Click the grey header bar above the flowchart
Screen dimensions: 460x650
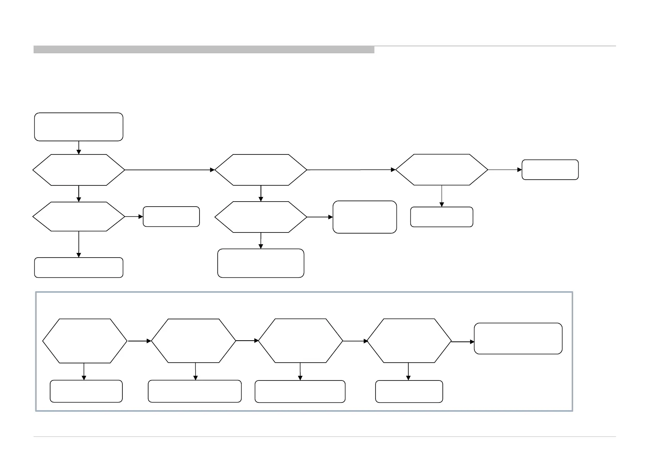pos(204,49)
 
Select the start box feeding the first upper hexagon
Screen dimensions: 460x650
pos(79,127)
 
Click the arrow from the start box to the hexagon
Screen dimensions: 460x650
pos(79,148)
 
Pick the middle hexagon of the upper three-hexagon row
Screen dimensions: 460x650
pos(261,170)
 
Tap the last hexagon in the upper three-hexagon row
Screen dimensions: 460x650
pos(442,170)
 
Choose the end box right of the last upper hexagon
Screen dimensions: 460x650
pos(550,170)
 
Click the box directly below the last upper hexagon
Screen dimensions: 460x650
pos(442,217)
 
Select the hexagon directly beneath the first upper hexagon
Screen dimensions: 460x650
pos(79,216)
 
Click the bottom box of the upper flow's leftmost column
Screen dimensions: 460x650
pos(79,267)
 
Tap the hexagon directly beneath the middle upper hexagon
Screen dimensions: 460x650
pos(261,217)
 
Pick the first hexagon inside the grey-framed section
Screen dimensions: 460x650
pos(85,341)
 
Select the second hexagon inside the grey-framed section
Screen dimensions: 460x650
pos(193,341)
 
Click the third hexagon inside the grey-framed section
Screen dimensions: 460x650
pos(300,341)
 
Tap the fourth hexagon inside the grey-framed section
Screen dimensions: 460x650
pos(409,341)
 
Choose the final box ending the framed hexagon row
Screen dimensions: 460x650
pos(518,338)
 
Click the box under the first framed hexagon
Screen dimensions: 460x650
pos(86,391)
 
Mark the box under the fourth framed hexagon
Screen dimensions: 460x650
pos(409,391)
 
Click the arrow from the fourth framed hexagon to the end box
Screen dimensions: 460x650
pos(463,342)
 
